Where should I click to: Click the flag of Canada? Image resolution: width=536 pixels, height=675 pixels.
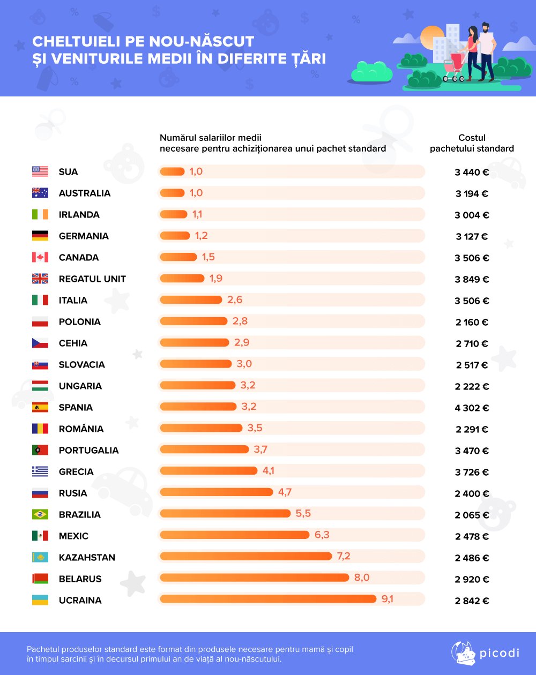tap(40, 257)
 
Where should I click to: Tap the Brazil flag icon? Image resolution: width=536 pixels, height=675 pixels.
tap(40, 514)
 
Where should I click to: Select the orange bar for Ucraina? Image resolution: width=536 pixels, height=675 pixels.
tap(268, 599)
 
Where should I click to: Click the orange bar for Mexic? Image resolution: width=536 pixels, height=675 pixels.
tap(235, 535)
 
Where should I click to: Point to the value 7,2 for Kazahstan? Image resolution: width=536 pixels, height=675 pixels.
tap(344, 556)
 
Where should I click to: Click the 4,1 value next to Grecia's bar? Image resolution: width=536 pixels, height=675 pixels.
tap(269, 471)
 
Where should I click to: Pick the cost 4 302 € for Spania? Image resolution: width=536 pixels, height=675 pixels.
tap(472, 408)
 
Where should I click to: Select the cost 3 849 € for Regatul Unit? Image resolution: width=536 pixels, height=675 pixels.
tap(472, 279)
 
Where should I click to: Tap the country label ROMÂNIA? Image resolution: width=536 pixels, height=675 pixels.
tap(81, 429)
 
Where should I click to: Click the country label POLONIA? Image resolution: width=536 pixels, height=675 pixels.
tap(79, 321)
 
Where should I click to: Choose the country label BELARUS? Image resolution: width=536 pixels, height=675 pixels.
tap(80, 579)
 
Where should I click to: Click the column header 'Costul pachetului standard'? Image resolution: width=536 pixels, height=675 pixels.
tap(472, 143)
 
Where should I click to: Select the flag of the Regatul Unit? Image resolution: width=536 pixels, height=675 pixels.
tap(40, 279)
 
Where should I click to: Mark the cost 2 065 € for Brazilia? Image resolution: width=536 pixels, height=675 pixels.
tap(472, 515)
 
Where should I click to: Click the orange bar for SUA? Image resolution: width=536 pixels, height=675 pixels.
tap(172, 171)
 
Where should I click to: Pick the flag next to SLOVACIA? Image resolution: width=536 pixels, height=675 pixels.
tap(40, 364)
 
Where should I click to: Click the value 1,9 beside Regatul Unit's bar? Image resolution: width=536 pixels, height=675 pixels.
tap(216, 278)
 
